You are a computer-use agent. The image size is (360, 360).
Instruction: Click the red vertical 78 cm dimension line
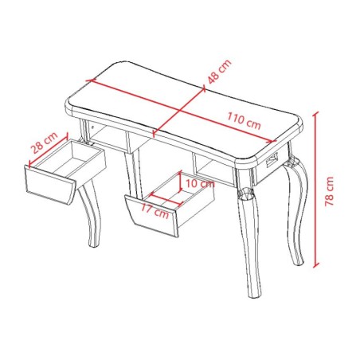pyautogui.click(x=318, y=191)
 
